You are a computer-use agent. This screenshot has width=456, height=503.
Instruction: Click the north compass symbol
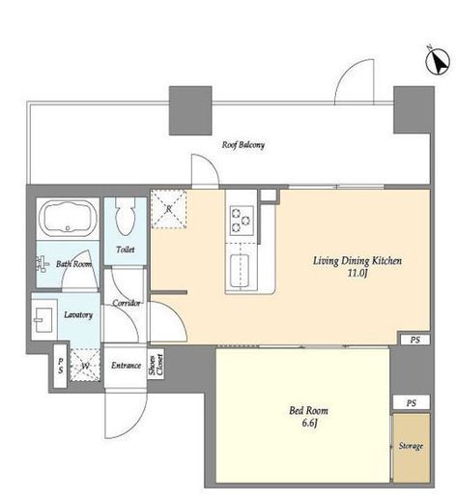coord(438,62)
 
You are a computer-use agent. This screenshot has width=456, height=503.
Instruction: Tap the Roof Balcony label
coord(243,145)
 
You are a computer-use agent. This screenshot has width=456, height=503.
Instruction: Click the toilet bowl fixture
coord(126,215)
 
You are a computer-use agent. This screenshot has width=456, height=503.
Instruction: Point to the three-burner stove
coord(242,221)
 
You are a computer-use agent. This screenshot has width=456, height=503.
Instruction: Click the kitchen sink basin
coord(241,271)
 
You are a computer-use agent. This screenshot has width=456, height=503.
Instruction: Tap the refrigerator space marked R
coord(169,209)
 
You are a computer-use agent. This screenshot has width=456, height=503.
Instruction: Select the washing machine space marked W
coord(85,366)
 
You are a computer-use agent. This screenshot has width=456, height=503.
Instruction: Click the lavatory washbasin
coord(43,319)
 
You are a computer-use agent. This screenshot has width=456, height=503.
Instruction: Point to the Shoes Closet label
coord(157,365)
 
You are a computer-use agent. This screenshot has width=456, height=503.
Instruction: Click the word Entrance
coord(126,366)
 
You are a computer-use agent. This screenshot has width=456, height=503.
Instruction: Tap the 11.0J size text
coord(357,273)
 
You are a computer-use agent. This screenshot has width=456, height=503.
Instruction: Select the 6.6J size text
coord(309,423)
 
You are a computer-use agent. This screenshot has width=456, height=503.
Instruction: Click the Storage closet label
coord(411,446)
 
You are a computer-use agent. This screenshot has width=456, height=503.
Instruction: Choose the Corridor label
coord(127,303)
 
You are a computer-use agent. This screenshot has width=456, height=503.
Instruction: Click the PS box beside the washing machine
coord(60,366)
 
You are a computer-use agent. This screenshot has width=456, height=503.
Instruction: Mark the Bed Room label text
coord(308,411)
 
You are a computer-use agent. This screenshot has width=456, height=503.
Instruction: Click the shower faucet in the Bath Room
coord(42,264)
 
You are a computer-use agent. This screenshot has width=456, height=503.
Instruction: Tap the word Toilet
coord(126,250)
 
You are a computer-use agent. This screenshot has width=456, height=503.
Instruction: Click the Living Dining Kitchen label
coord(357,260)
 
